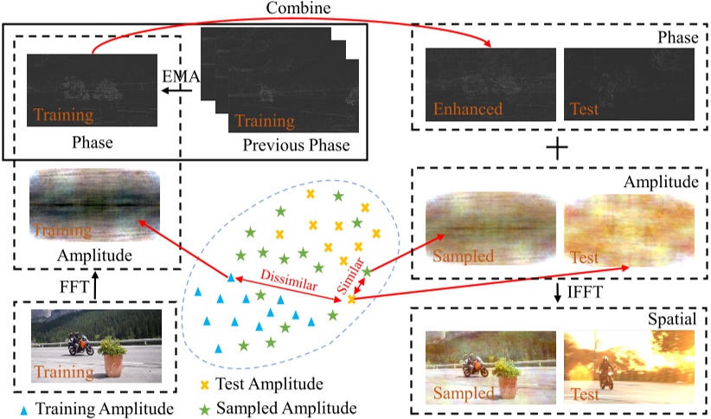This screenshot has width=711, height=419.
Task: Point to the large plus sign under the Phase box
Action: click(554, 148)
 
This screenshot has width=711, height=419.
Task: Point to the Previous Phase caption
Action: click(296, 145)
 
